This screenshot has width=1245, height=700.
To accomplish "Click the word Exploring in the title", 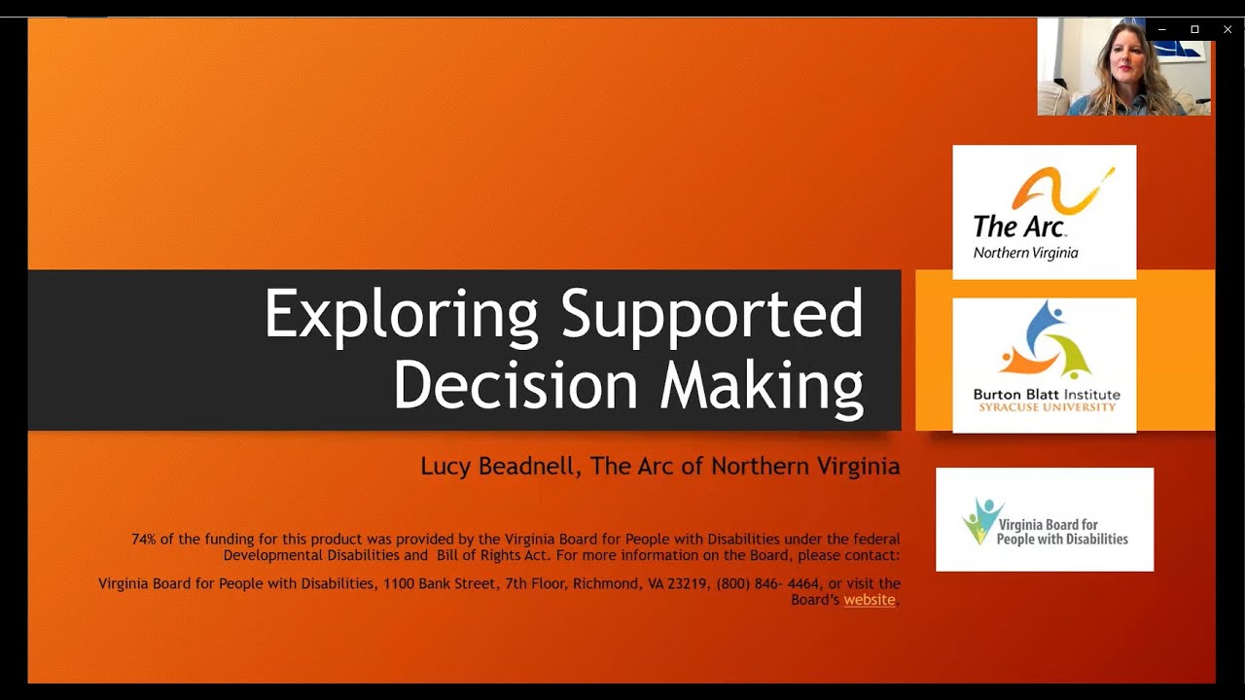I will (400, 315).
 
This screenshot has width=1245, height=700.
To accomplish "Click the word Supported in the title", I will (712, 315).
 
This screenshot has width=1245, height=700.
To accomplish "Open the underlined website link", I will (869, 600).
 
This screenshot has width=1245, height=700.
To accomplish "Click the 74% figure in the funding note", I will (145, 539).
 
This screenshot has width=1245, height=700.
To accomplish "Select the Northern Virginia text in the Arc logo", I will (1025, 253).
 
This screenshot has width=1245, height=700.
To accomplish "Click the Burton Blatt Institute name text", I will (1046, 395).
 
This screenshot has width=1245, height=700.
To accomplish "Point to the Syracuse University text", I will (1047, 407).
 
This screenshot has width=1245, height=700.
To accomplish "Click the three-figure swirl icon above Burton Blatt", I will (1046, 340).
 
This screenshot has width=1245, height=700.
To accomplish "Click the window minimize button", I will (1161, 29).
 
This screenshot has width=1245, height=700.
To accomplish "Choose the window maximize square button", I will (1194, 29).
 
